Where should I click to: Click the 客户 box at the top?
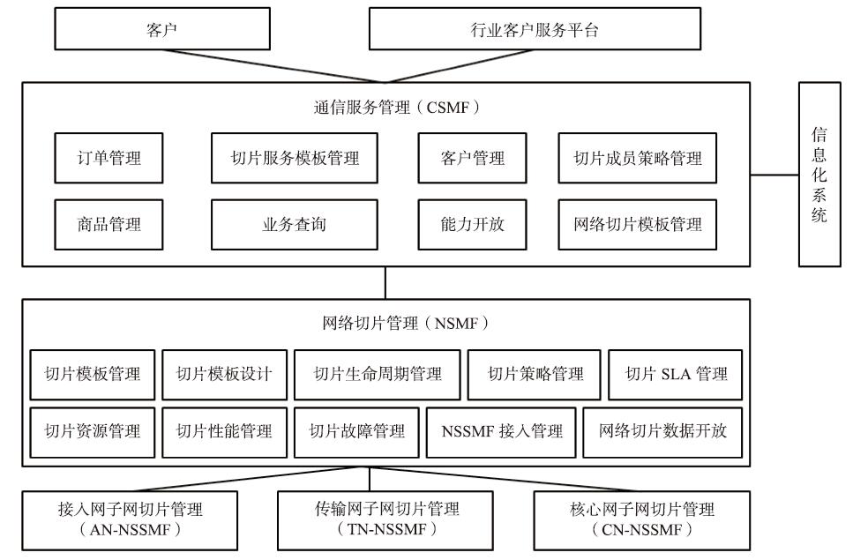162,29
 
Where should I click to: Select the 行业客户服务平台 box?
535,29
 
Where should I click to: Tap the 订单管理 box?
108,158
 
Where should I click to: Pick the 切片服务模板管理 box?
295,158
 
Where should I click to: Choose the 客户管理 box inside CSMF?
472,158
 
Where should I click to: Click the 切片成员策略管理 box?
638,158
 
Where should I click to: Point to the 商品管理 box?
108,225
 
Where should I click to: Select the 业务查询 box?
295,225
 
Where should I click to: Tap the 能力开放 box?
472,225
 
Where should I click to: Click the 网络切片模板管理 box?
638,225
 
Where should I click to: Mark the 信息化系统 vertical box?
819,175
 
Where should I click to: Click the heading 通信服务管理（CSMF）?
397,107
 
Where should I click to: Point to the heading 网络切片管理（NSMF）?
405,324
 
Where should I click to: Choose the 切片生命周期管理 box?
378,375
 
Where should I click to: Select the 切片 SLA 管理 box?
675,375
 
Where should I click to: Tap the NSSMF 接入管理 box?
501,432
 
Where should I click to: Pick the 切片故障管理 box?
357,432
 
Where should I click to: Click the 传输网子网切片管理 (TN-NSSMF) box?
385,521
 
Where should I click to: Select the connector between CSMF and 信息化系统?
774,175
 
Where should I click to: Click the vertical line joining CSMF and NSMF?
385,283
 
